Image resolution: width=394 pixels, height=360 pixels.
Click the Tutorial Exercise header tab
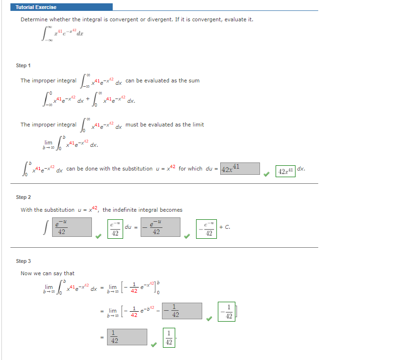(36, 7)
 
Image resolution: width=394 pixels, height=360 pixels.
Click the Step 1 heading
(24, 65)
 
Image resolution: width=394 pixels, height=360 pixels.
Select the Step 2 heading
(24, 197)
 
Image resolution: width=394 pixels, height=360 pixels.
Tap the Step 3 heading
(24, 261)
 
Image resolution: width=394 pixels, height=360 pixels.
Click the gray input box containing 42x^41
(240, 169)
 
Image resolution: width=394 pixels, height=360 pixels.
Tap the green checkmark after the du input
(267, 174)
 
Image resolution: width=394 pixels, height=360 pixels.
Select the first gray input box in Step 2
(71, 227)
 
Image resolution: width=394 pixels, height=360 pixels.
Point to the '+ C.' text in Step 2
(225, 227)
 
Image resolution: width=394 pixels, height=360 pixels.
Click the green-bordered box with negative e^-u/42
(207, 228)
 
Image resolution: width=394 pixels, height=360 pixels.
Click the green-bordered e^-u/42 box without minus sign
(114, 228)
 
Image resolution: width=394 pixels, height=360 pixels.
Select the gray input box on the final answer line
(128, 336)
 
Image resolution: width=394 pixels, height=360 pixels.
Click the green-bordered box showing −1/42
(226, 311)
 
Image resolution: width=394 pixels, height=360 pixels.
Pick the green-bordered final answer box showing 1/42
(169, 338)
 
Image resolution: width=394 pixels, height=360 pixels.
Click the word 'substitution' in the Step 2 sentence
(58, 210)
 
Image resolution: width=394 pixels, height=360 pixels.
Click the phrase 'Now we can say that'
(47, 273)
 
